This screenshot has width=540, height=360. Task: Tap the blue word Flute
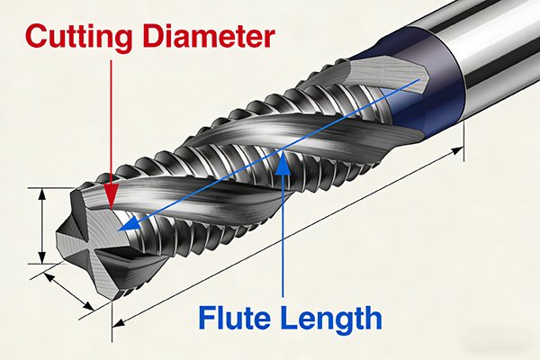[235, 318]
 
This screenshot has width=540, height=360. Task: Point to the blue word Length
[327, 318]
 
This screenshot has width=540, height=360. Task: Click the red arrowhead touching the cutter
[111, 200]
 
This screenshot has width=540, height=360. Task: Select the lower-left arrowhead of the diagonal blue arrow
[127, 226]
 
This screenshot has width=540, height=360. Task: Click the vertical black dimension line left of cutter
[42, 224]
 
